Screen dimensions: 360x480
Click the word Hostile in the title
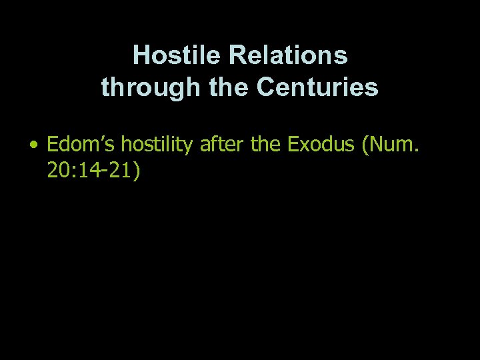[x=177, y=55]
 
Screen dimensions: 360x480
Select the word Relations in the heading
[x=287, y=55]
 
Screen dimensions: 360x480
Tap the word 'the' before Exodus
[x=267, y=145]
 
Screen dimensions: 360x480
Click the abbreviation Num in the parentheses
[x=397, y=145]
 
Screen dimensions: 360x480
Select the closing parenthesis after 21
[x=137, y=171]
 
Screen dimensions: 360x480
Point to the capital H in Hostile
[x=140, y=55]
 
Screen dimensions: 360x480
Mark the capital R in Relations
[x=237, y=55]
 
